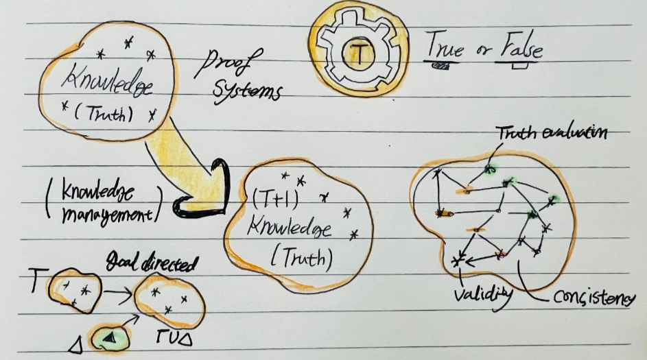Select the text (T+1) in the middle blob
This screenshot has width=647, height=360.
(x=274, y=200)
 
